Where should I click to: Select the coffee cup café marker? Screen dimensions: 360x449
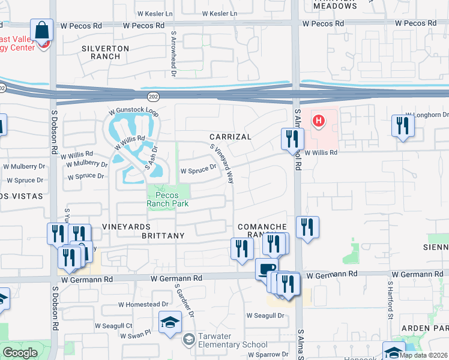[x=266, y=269]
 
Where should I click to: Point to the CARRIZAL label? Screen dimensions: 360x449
[x=230, y=137]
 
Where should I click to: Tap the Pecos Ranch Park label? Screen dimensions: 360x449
[x=168, y=199]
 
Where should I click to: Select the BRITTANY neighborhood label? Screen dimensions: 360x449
[x=163, y=236]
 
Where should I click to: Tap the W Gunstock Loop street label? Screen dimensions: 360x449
[x=133, y=113]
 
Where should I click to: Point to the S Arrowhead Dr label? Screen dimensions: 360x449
[x=173, y=55]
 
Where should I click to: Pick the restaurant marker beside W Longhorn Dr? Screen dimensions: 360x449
[x=402, y=126]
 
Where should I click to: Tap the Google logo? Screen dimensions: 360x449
[x=20, y=353]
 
